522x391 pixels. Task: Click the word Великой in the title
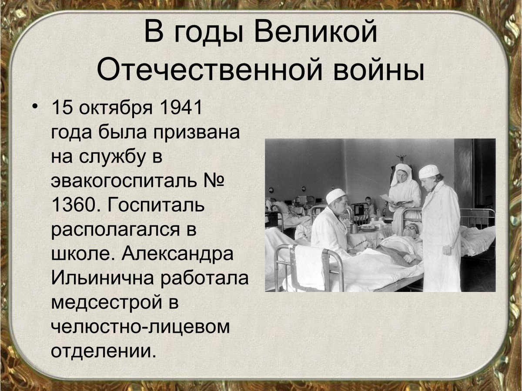click(x=315, y=32)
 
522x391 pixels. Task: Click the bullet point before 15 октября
click(x=35, y=106)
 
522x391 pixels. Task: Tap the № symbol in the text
click(x=213, y=180)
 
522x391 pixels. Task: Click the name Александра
click(x=177, y=254)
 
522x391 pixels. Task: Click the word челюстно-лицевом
click(x=141, y=327)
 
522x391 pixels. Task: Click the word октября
click(x=116, y=107)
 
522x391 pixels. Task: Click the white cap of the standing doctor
click(x=428, y=172)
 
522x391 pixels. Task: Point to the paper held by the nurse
click(x=386, y=199)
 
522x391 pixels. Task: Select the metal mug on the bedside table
click(x=354, y=228)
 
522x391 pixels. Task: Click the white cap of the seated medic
click(x=335, y=196)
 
